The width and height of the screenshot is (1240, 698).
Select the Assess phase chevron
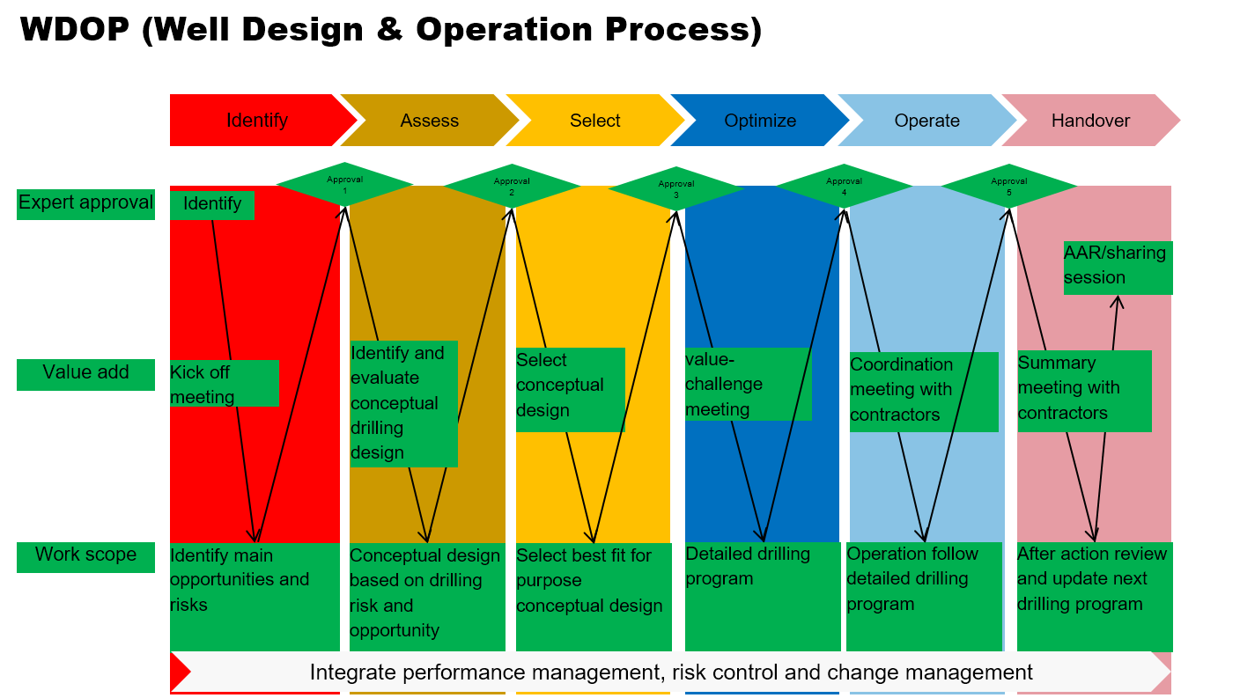point(429,121)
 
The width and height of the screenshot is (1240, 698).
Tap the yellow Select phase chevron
point(594,121)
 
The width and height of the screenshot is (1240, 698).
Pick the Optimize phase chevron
point(760,121)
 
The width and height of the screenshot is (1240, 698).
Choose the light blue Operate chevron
point(926,121)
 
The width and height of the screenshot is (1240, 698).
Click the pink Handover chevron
point(1090,121)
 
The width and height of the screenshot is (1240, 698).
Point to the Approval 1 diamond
point(344,185)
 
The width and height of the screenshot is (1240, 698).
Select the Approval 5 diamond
point(1008,186)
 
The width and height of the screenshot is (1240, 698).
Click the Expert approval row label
point(85,203)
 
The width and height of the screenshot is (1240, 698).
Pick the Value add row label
point(85,373)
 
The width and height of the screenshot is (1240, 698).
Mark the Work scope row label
point(85,555)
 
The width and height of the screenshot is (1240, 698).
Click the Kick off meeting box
point(224,384)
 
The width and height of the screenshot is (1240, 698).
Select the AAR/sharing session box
point(1118,267)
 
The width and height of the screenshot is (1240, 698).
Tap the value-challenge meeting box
point(748,385)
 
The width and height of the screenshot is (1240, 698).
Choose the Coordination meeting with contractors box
point(923,391)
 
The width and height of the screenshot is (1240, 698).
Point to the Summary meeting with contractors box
point(1084,390)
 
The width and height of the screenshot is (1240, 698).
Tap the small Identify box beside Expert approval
point(212,204)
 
